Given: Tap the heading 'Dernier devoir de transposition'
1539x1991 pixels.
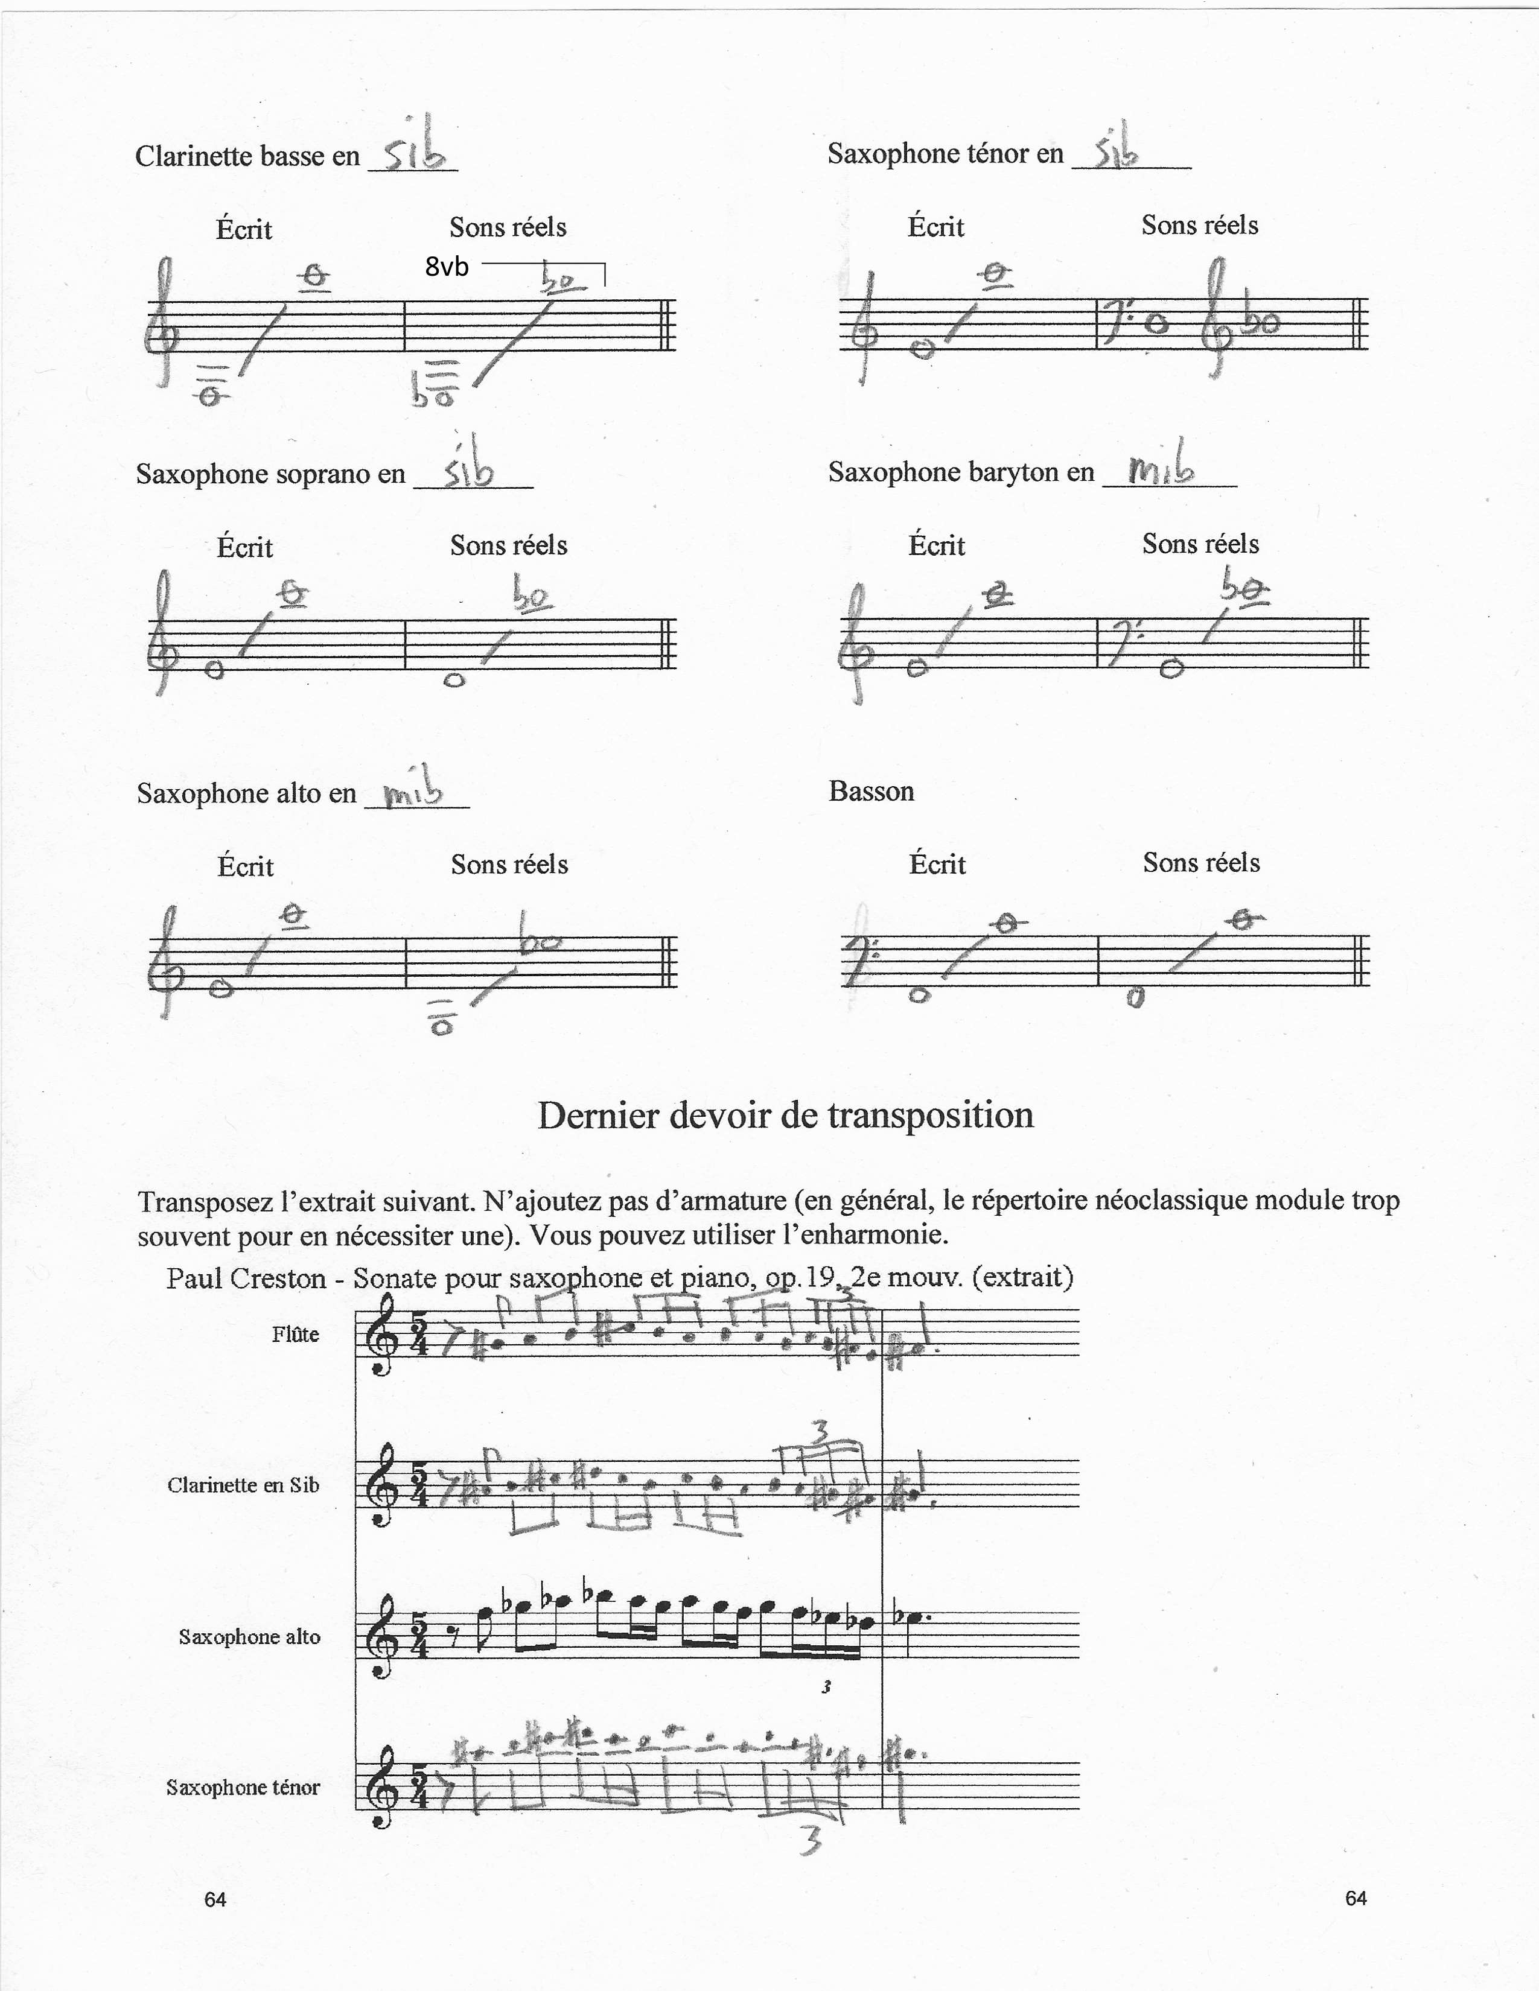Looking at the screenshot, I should tap(785, 1115).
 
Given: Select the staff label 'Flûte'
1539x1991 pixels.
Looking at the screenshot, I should tap(295, 1335).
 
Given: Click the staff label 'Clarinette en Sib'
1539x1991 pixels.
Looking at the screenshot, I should tap(243, 1485).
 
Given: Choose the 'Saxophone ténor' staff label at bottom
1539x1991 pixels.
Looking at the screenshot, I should tap(243, 1787).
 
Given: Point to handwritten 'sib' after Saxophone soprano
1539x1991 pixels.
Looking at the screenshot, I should tap(468, 469).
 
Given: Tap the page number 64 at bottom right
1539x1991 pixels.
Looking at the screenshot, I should tap(1356, 1898).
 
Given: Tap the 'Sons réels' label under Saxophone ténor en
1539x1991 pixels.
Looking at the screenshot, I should tap(1199, 224).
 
